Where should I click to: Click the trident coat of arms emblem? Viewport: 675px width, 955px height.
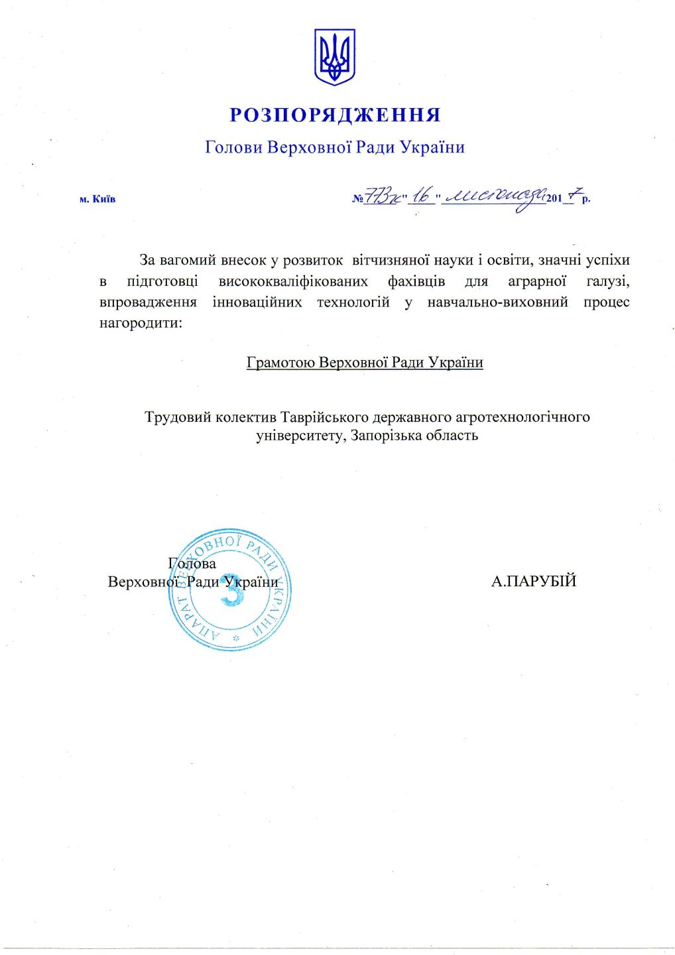pyautogui.click(x=334, y=56)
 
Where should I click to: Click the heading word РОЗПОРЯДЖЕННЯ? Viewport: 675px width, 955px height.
pyautogui.click(x=335, y=115)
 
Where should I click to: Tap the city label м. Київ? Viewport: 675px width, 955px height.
pyautogui.click(x=97, y=199)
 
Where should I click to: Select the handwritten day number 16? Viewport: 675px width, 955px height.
pyautogui.click(x=421, y=196)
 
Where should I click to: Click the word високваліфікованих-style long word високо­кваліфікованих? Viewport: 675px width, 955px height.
pyautogui.click(x=292, y=281)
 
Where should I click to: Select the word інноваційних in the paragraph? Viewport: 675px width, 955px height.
pyautogui.click(x=257, y=302)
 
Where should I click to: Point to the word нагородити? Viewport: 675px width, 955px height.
pyautogui.click(x=139, y=324)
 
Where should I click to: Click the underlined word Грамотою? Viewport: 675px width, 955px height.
pyautogui.click(x=280, y=363)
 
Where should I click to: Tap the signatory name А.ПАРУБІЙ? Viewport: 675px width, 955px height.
pyautogui.click(x=534, y=582)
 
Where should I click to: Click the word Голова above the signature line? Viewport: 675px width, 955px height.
pyautogui.click(x=192, y=564)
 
